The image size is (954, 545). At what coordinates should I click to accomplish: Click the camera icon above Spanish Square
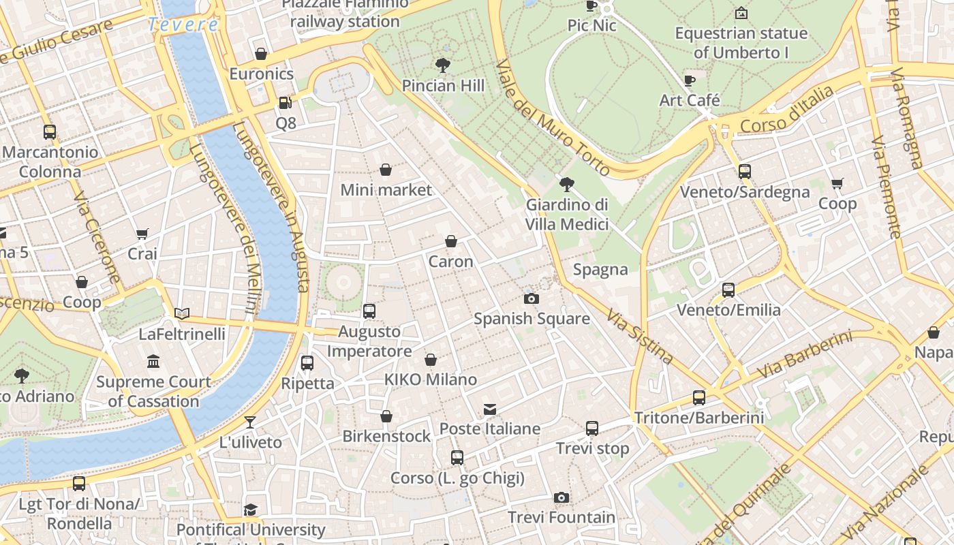[532, 298]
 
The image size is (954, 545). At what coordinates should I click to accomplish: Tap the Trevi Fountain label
[561, 517]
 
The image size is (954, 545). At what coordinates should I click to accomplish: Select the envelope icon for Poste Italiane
[490, 409]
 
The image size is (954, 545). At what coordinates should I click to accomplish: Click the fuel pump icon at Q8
[286, 103]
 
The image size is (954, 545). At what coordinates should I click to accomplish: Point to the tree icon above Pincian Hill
[443, 65]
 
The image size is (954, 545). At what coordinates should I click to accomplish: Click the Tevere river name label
[183, 25]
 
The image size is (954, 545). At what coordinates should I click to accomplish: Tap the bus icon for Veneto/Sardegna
[745, 172]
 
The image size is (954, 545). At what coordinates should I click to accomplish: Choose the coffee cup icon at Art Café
[690, 80]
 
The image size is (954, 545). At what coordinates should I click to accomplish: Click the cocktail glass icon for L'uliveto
[250, 422]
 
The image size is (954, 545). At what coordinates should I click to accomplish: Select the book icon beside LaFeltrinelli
[181, 314]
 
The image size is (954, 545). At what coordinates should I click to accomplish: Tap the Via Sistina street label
[640, 337]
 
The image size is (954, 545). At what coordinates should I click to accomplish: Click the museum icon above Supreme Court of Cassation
[153, 362]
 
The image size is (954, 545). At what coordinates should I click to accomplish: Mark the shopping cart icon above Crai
[142, 234]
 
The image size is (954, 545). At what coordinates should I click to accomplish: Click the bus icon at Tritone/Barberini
[699, 397]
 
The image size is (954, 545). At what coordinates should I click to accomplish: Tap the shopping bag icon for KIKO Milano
[431, 360]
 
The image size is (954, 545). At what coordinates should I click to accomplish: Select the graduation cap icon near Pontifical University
[251, 510]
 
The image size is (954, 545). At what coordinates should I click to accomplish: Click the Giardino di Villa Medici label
[567, 214]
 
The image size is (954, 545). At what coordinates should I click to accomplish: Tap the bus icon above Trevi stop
[592, 429]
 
